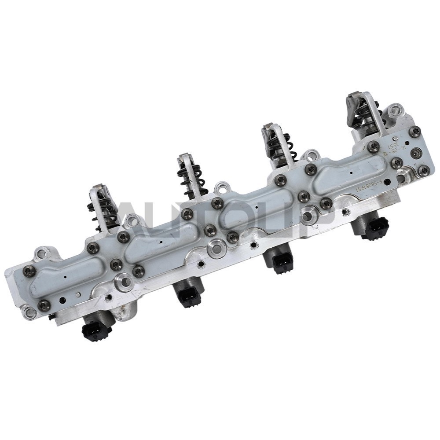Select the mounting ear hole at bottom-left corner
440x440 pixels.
[x=30, y=313]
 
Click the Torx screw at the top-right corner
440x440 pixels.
[x=414, y=131]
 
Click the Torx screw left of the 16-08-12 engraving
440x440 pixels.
[x=374, y=147]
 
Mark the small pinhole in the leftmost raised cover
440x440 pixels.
[x=65, y=278]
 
